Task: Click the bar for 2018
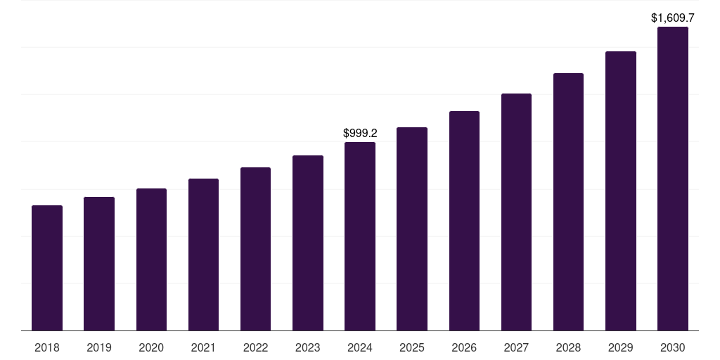tap(47, 268)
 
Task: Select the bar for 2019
tap(99, 264)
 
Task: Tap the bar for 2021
tap(203, 255)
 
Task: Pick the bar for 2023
tap(308, 243)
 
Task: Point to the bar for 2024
tap(360, 236)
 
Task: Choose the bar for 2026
tap(464, 221)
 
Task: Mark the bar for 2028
tap(568, 202)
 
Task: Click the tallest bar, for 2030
tap(673, 179)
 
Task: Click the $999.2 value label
tap(360, 133)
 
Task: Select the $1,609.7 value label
tap(673, 18)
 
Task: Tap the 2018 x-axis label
tap(47, 347)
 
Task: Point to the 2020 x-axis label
tap(151, 347)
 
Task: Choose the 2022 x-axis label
tap(256, 347)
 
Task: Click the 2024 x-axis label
tap(360, 347)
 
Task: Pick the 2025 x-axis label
tap(412, 347)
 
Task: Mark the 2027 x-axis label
tap(516, 347)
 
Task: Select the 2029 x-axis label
tap(621, 347)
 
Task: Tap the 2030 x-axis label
tap(673, 347)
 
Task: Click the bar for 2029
tap(621, 191)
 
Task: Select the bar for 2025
tap(412, 229)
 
